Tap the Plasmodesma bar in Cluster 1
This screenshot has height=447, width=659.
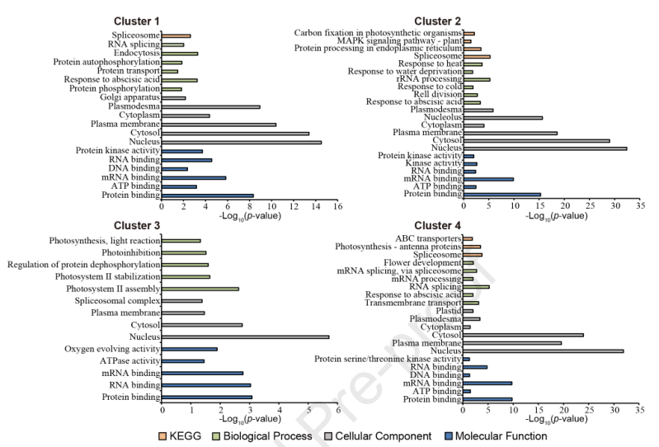[211, 106]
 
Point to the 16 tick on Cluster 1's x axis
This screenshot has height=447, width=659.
[338, 207]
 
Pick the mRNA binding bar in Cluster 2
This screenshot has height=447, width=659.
[488, 178]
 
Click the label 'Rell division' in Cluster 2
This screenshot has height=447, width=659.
[431, 94]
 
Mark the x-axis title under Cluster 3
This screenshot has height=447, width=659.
[250, 420]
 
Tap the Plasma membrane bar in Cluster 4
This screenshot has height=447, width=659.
[512, 343]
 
